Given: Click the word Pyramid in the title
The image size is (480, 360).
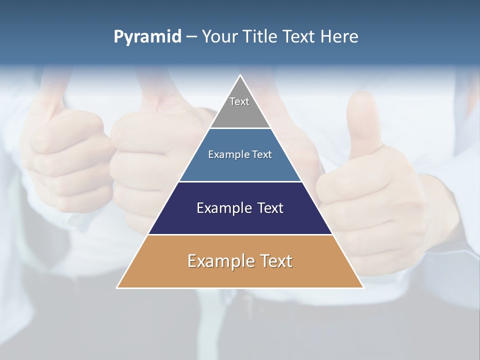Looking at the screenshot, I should click(147, 37).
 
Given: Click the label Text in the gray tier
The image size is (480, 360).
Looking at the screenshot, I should click(239, 101).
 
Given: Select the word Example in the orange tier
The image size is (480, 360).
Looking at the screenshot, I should click(220, 261).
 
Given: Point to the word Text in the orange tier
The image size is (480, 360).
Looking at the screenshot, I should click(274, 261).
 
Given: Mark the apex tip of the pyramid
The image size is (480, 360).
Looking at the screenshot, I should click(240, 76).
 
